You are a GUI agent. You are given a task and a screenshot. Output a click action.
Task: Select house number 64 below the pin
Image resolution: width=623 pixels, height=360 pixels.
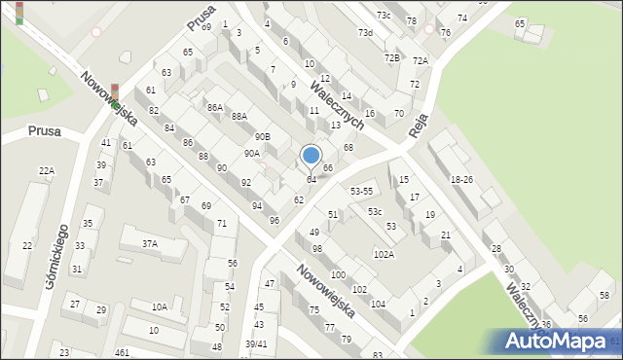click(311, 180)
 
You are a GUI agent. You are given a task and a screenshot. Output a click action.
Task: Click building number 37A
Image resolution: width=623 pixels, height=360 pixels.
click(150, 244)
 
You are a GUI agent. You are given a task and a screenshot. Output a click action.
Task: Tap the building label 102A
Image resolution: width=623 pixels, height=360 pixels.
click(384, 254)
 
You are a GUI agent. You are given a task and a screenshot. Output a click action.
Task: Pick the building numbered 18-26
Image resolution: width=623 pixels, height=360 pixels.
click(461, 180)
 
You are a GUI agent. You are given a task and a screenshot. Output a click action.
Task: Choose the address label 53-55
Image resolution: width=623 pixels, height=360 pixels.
click(361, 192)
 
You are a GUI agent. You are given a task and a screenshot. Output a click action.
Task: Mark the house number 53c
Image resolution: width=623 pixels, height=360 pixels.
click(375, 211)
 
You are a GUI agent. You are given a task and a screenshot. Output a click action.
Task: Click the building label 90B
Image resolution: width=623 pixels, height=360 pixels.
click(262, 136)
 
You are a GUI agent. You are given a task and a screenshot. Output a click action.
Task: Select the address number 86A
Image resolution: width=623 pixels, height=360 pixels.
click(215, 108)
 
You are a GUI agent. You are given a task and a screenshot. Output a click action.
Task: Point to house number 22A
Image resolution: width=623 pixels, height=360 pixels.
click(46, 171)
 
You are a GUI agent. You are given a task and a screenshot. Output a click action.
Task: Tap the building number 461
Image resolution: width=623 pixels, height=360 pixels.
click(122, 352)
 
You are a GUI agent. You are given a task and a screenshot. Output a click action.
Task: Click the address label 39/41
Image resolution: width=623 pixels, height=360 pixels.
click(256, 344)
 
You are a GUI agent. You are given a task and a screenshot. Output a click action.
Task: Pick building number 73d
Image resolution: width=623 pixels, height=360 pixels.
click(364, 33)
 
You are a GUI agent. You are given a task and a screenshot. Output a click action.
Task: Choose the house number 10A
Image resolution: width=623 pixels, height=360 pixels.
click(159, 307)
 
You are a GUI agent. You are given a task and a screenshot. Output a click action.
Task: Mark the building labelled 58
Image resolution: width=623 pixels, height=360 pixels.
click(604, 295)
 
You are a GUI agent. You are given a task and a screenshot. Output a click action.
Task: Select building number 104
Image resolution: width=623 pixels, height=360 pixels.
click(378, 304)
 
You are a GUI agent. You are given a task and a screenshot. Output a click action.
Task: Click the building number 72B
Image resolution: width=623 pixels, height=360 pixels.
click(391, 58)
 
